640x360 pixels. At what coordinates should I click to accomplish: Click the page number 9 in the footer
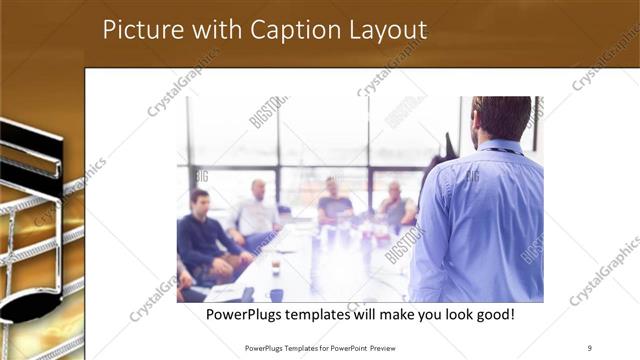[589, 348]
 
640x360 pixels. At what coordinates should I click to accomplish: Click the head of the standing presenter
[501, 118]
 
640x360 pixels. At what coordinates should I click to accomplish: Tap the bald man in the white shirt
[256, 212]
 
